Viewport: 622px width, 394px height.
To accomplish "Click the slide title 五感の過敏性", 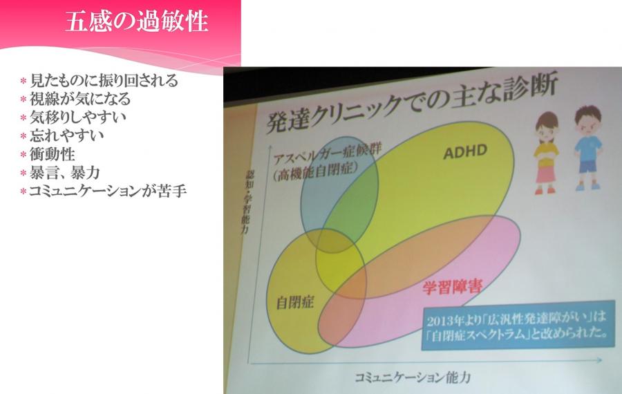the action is pyautogui.click(x=137, y=21).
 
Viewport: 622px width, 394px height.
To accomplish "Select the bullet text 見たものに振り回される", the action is pyautogui.click(x=104, y=81).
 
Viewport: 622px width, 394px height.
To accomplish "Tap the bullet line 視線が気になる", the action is pyautogui.click(x=80, y=99).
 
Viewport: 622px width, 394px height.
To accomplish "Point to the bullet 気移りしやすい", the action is pyautogui.click(x=78, y=117).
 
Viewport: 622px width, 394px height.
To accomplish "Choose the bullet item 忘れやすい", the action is pyautogui.click(x=67, y=135).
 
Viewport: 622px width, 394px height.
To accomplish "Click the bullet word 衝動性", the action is pyautogui.click(x=53, y=154).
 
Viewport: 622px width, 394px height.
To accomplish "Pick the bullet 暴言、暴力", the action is pyautogui.click(x=65, y=173).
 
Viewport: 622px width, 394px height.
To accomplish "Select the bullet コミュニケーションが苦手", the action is pyautogui.click(x=108, y=191).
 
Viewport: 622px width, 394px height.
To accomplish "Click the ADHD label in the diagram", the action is pyautogui.click(x=465, y=151).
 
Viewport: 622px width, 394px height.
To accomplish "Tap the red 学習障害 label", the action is pyautogui.click(x=452, y=287).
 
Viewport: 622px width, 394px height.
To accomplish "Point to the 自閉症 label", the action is pyautogui.click(x=294, y=302).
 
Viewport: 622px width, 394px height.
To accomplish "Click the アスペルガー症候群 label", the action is pyautogui.click(x=328, y=155).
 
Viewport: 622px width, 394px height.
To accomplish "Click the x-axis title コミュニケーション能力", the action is pyautogui.click(x=413, y=377).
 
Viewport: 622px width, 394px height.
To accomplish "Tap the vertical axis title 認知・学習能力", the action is pyautogui.click(x=247, y=202).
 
